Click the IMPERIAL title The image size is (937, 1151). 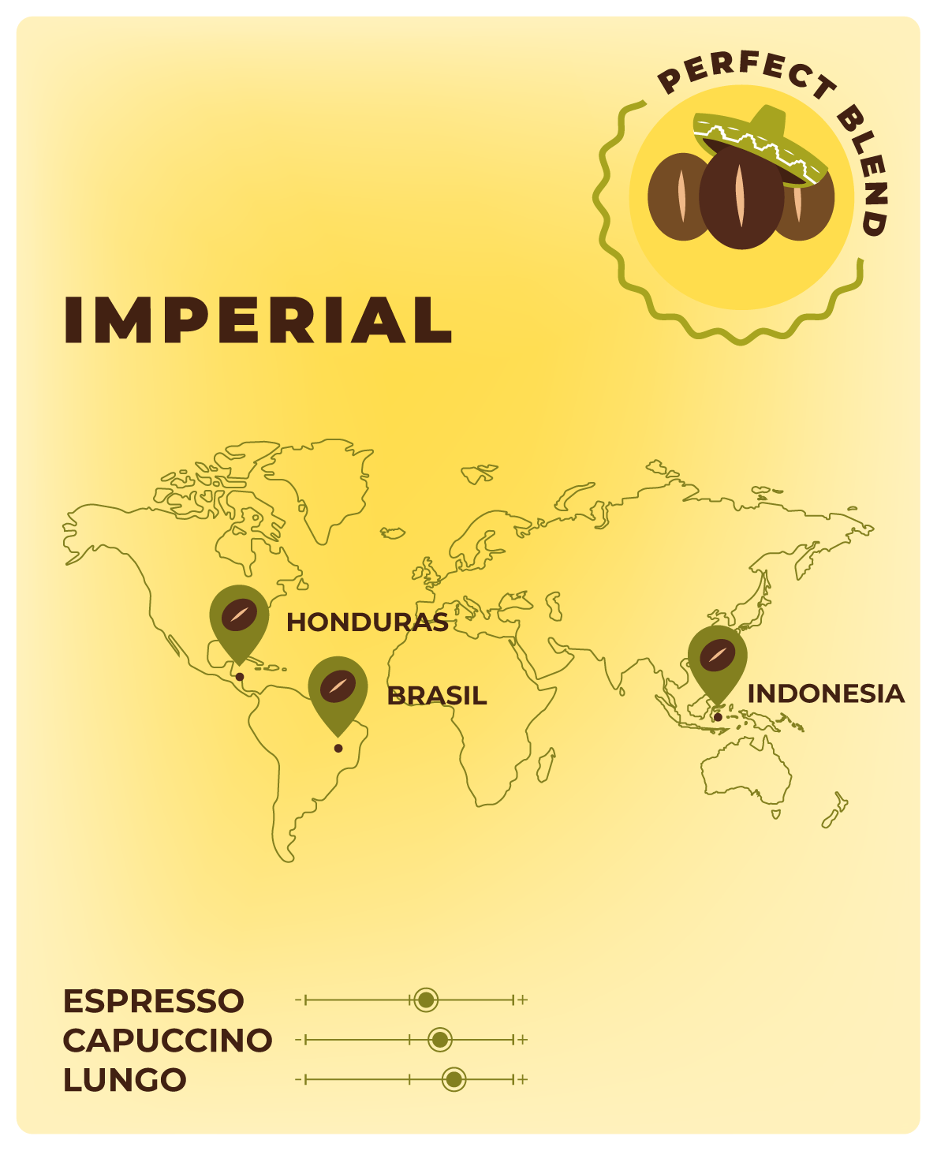tap(258, 320)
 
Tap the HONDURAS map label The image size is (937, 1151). tap(367, 622)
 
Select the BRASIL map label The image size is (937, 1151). tap(436, 696)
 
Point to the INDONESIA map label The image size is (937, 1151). tap(825, 694)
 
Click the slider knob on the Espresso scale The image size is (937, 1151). tap(426, 1000)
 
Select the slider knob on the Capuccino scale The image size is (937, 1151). tap(440, 1040)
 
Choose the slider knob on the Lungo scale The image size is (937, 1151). tap(454, 1079)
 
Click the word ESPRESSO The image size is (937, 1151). tap(154, 1001)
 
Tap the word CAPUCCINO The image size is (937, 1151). tap(167, 1041)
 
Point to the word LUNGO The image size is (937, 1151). tap(125, 1080)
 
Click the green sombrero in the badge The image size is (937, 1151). tap(759, 138)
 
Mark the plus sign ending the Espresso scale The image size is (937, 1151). tap(523, 1000)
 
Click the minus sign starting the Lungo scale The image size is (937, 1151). tap(298, 1079)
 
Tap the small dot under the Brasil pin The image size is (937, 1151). tap(338, 748)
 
